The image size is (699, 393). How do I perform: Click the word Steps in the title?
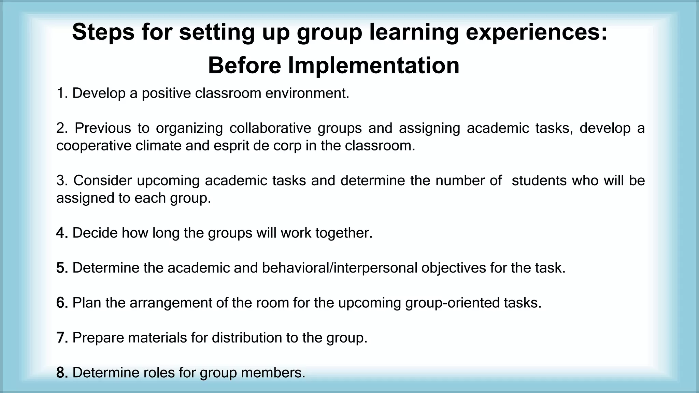tap(103, 32)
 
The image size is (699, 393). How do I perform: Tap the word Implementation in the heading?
tap(374, 65)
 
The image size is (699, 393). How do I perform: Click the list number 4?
tap(61, 233)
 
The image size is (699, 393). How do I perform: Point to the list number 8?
tap(61, 373)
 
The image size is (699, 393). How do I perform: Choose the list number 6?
tap(61, 303)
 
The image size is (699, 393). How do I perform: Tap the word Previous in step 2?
tap(103, 128)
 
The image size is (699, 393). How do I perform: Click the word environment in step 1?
tap(307, 93)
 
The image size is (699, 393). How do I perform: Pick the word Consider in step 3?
tap(102, 181)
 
